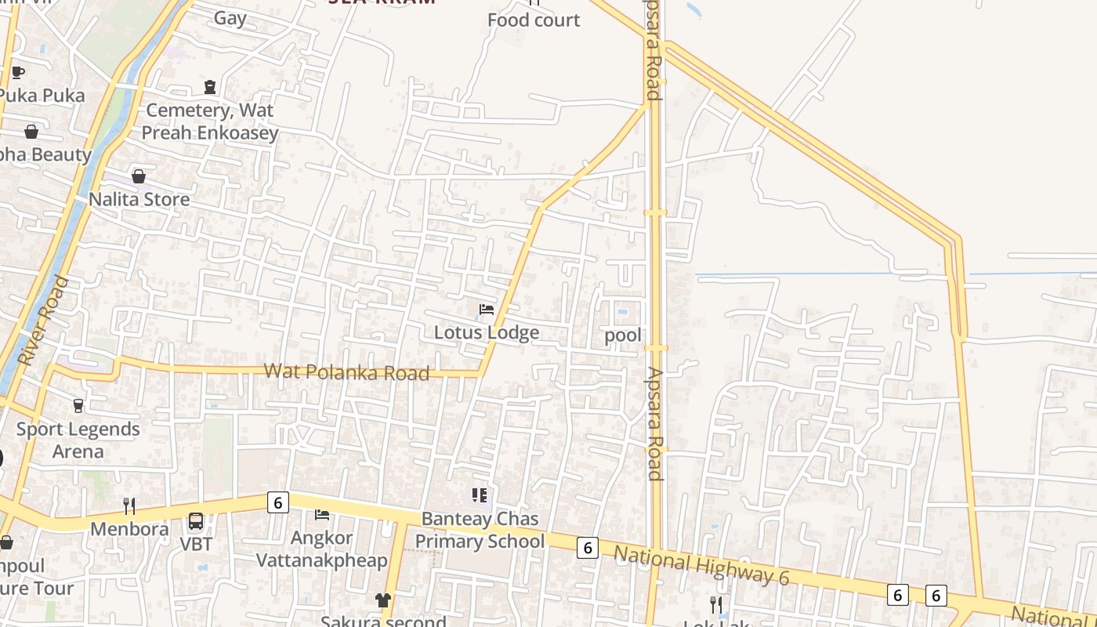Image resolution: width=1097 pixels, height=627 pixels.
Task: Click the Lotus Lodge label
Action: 487,332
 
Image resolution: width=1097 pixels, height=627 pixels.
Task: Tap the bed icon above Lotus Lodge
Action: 487,310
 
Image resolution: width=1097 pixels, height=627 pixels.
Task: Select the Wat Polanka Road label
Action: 346,371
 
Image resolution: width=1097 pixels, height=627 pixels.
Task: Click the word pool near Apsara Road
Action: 623,335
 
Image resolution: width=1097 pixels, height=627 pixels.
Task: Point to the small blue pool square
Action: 622,312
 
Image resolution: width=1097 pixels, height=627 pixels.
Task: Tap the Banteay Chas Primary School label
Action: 480,530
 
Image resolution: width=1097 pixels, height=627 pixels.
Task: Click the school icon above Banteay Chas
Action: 480,495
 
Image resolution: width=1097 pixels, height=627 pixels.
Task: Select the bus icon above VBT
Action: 196,521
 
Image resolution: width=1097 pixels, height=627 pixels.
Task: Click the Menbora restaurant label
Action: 129,529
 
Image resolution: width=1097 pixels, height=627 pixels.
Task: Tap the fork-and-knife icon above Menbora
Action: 129,506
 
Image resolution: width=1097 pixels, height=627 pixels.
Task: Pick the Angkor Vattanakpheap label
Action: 322,549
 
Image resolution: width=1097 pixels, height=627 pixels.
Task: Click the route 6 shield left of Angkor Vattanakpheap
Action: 277,502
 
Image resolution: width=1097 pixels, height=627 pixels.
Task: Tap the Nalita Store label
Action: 139,199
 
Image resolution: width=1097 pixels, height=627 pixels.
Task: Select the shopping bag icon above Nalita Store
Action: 139,176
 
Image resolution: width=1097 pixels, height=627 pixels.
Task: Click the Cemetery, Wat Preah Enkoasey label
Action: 210,121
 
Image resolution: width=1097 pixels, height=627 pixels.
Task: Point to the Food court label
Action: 534,20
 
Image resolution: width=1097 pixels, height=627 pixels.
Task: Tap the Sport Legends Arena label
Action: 78,440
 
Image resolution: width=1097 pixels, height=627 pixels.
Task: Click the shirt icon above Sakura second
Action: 382,600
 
